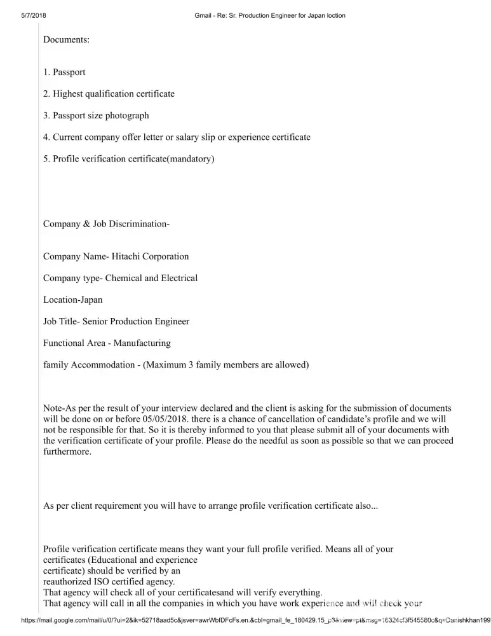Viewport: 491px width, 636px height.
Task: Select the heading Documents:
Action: click(x=66, y=39)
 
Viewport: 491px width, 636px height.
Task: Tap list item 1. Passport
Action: click(x=64, y=73)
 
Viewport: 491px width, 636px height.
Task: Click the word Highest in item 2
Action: click(x=69, y=94)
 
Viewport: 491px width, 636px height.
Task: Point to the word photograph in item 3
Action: click(x=127, y=116)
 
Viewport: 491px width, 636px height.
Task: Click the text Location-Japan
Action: click(x=72, y=300)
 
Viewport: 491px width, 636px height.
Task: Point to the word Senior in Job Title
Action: click(x=97, y=322)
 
